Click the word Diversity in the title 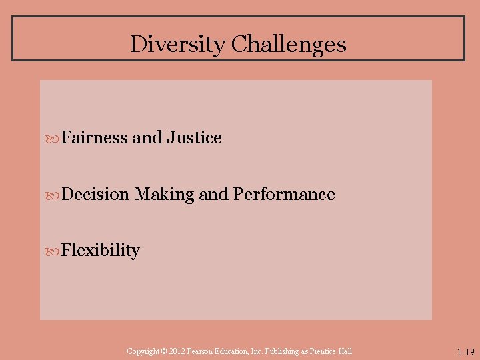point(177,44)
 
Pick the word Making point(165,195)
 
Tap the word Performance point(284,195)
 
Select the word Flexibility point(101,251)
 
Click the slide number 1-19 point(465,352)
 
